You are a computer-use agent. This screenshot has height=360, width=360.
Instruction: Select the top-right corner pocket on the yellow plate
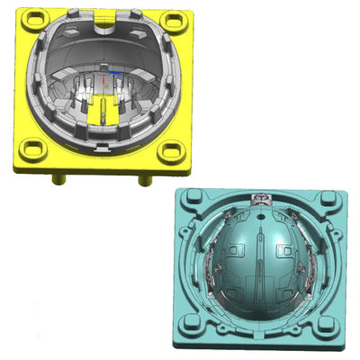pyautogui.click(x=177, y=22)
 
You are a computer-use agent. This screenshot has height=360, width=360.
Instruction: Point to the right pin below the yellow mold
pyautogui.click(x=144, y=180)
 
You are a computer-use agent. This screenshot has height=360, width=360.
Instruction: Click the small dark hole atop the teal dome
pyautogui.click(x=259, y=218)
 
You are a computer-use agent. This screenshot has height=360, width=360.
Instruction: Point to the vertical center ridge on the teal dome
pyautogui.click(x=259, y=261)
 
